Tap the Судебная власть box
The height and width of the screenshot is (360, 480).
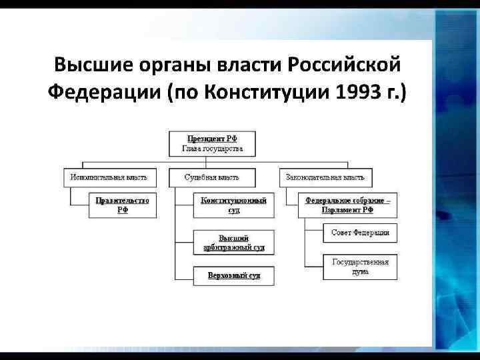pyautogui.click(x=211, y=177)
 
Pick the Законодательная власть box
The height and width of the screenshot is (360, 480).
pyautogui.click(x=325, y=177)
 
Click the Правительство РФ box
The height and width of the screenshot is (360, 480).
pyautogui.click(x=123, y=205)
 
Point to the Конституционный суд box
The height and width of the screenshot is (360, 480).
pyautogui.click(x=233, y=205)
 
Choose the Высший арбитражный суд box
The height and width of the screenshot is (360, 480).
pyautogui.click(x=233, y=243)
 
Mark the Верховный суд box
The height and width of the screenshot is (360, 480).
pyautogui.click(x=233, y=275)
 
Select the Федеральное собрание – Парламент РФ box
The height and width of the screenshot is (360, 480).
pyautogui.click(x=347, y=205)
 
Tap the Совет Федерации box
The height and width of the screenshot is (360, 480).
pyautogui.click(x=360, y=233)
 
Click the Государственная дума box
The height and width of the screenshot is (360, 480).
pyautogui.click(x=360, y=267)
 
